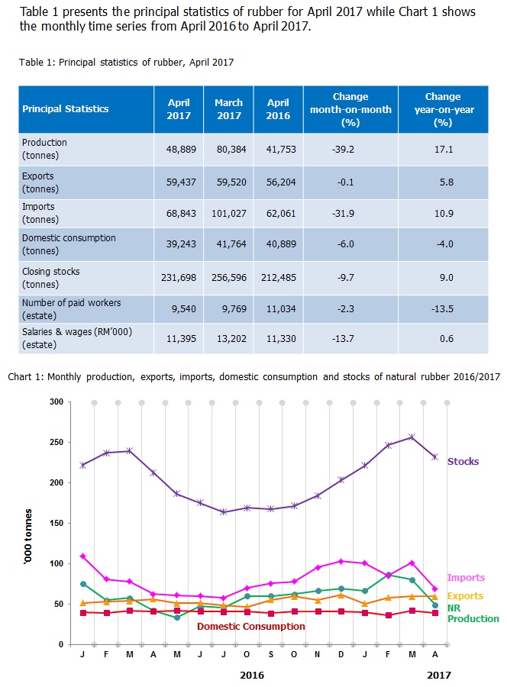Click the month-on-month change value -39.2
tap(350, 149)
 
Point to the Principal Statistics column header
tap(66, 109)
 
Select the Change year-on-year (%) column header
tap(443, 109)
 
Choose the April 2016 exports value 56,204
tap(278, 182)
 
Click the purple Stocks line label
tap(463, 462)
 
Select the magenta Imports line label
tap(466, 578)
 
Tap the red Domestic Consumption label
tap(250, 627)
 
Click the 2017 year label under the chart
tap(438, 676)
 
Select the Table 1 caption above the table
tap(126, 63)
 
